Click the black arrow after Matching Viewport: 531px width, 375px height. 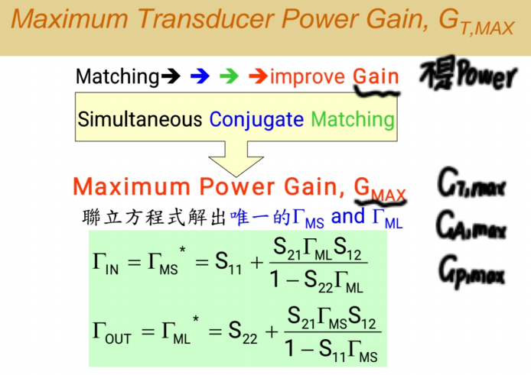coord(171,76)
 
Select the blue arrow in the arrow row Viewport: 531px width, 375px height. coord(200,76)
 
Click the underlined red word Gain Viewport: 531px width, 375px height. coord(376,76)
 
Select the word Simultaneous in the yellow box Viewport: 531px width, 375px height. coord(140,120)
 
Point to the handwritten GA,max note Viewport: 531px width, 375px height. coord(471,225)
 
